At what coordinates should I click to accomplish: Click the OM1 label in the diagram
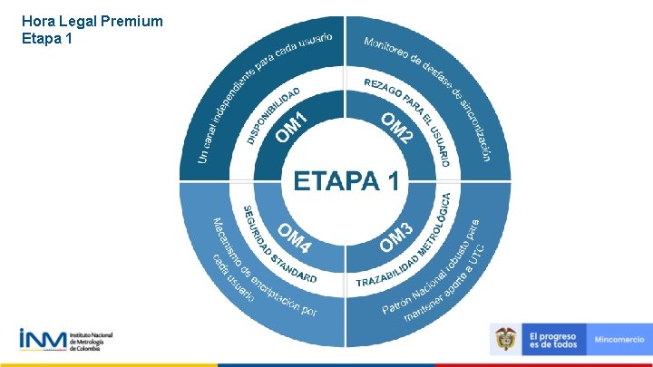pyautogui.click(x=296, y=126)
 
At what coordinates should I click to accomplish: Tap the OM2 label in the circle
pyautogui.click(x=397, y=128)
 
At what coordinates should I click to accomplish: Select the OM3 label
pyautogui.click(x=397, y=237)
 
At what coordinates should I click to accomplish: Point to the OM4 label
pyautogui.click(x=295, y=238)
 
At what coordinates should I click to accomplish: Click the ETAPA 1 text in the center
pyautogui.click(x=346, y=181)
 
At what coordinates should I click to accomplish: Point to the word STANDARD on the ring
pyautogui.click(x=292, y=269)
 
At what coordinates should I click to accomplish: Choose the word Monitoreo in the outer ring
pyautogui.click(x=391, y=51)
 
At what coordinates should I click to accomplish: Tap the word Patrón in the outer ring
pyautogui.click(x=396, y=305)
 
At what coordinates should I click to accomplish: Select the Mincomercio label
pyautogui.click(x=619, y=340)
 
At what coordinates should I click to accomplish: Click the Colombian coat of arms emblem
pyautogui.click(x=506, y=340)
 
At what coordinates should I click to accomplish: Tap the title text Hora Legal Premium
pyautogui.click(x=92, y=20)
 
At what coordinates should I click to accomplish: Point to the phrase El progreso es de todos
pyautogui.click(x=552, y=340)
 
